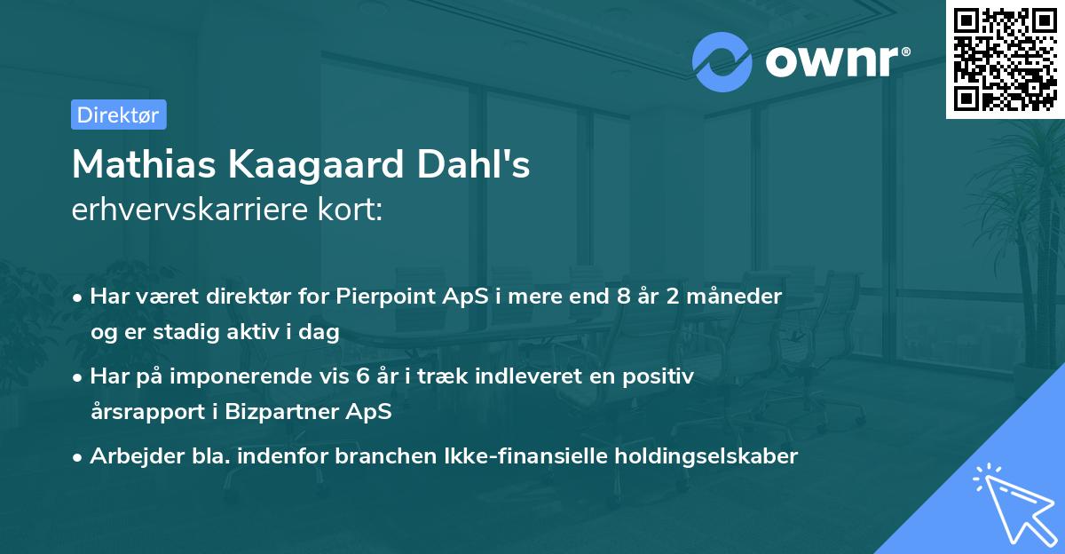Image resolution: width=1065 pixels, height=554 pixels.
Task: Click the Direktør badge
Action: (x=118, y=115)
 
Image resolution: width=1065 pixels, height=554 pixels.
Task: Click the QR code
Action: (x=1005, y=59)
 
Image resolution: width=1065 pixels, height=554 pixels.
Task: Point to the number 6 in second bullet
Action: (x=362, y=376)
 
